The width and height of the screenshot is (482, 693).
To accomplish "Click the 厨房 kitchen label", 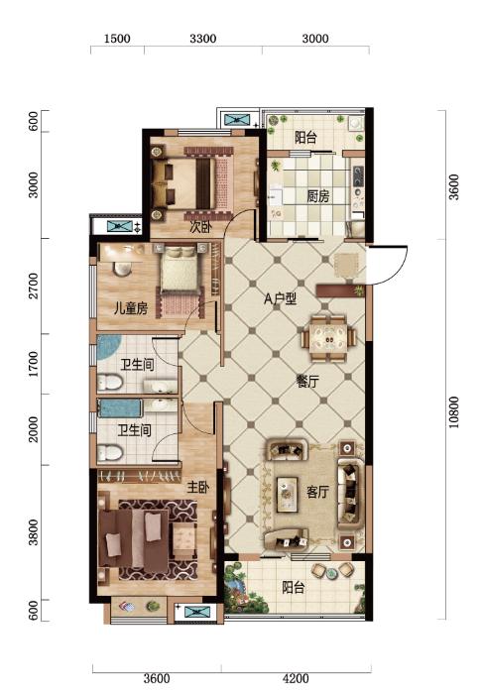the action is pos(318,195).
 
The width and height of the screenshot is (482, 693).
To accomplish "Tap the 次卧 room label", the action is pos(201,227).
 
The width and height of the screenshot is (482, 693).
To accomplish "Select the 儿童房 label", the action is pos(131,308).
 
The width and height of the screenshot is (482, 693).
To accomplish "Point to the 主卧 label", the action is pos(197,487).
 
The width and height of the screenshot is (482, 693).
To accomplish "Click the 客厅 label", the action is pos(318,492).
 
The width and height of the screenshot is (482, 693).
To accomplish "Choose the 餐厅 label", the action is pos(307,382).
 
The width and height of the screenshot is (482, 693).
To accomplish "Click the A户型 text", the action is pos(280,299).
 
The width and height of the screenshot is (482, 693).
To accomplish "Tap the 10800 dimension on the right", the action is pos(453,412).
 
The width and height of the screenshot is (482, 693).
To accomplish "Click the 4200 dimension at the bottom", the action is pos(296,678).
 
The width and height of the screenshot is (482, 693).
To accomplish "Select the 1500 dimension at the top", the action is pos(117,39).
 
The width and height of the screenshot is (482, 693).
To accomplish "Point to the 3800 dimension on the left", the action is pos(34,532).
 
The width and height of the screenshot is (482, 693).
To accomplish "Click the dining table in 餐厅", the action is pos(328,338).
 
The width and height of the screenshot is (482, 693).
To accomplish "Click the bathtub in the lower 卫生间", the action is pos(120,408).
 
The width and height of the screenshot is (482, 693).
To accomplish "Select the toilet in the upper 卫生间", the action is pos(109,383).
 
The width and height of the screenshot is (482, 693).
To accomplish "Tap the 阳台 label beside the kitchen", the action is pos(306,138).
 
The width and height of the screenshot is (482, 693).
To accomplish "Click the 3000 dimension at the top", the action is pos(315,39).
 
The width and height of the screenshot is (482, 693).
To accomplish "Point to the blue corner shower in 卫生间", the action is pos(107,347).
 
